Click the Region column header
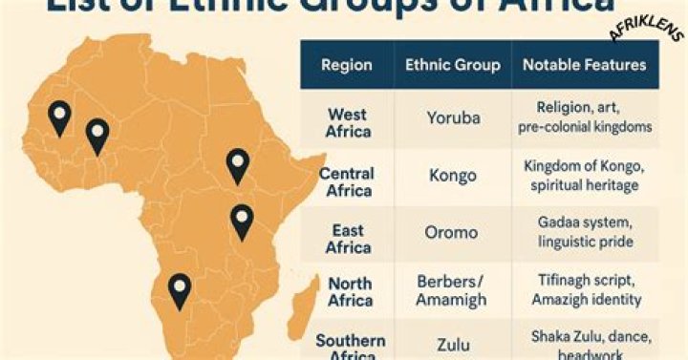pos(346,66)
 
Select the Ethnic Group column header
pos(452,66)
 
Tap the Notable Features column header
pos(584,66)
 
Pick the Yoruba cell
pos(453,119)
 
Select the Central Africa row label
pos(346,182)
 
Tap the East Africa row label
pos(348,239)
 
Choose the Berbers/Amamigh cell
pos(452,290)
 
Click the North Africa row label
pos(350,291)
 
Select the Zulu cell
pos(453,343)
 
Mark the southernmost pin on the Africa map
pos(179,291)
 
